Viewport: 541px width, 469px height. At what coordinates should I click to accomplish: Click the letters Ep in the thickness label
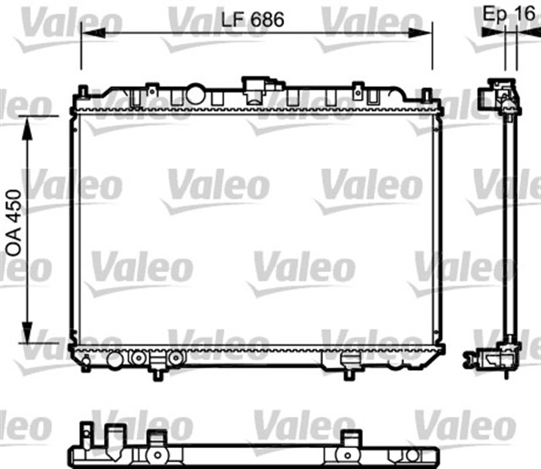[495, 14]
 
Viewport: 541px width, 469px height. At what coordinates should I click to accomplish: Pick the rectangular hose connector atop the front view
[255, 85]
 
